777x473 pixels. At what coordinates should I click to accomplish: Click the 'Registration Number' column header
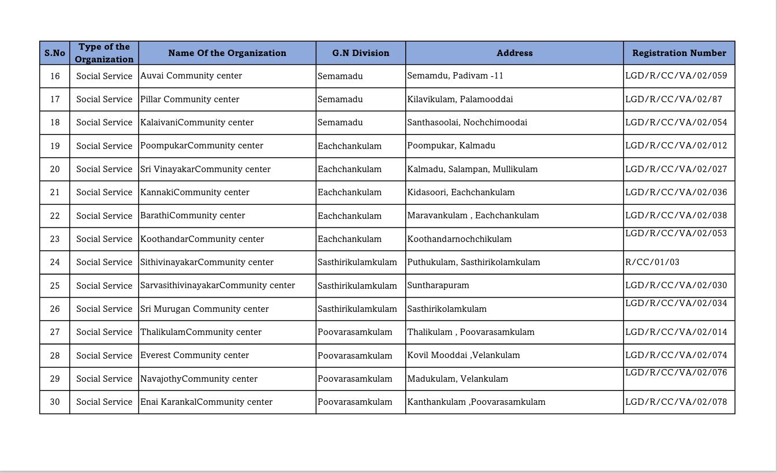679,53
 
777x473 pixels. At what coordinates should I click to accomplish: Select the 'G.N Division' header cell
360,53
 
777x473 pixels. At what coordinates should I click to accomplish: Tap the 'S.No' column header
55,53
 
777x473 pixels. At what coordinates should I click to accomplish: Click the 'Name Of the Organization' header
227,53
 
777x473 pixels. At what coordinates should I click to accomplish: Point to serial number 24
55,262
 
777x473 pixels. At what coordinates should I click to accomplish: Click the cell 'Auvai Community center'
191,76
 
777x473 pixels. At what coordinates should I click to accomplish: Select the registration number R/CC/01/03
652,262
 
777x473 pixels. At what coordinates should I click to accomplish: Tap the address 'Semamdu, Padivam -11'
455,76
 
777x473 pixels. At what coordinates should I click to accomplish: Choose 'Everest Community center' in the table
195,355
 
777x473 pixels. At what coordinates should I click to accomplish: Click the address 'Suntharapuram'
438,285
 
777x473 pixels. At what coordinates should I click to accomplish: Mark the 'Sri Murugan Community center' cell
204,309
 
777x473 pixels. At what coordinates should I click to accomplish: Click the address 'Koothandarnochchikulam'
460,239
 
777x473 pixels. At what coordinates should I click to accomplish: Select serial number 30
55,402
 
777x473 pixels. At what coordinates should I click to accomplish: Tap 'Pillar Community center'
189,99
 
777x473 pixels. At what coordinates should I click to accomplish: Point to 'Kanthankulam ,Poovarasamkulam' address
476,402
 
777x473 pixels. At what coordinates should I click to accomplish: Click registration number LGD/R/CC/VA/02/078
676,402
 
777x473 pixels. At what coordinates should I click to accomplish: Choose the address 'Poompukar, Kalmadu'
451,146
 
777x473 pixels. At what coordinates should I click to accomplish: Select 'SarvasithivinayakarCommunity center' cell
218,285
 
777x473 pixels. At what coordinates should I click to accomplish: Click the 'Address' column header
514,53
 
